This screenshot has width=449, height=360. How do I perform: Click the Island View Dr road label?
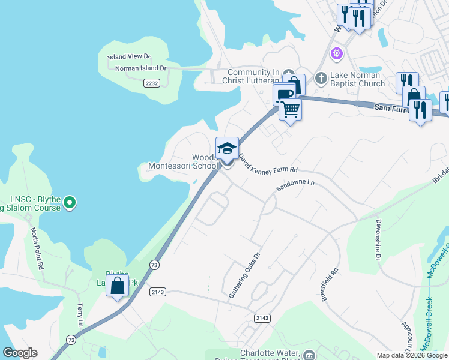(128, 56)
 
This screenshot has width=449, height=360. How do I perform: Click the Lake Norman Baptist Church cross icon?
(321, 77)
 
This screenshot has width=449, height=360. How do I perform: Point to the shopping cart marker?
(290, 110)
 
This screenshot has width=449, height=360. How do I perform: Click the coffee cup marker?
(284, 95)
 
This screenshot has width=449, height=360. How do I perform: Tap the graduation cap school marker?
(228, 148)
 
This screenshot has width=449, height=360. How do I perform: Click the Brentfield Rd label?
(330, 284)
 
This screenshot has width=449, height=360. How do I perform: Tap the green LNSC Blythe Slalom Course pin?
(70, 203)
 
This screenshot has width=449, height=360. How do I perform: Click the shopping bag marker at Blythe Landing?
(117, 286)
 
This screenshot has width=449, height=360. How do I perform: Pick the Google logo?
(19, 353)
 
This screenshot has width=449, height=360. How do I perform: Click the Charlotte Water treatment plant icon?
(309, 355)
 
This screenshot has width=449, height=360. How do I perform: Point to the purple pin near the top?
(337, 54)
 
